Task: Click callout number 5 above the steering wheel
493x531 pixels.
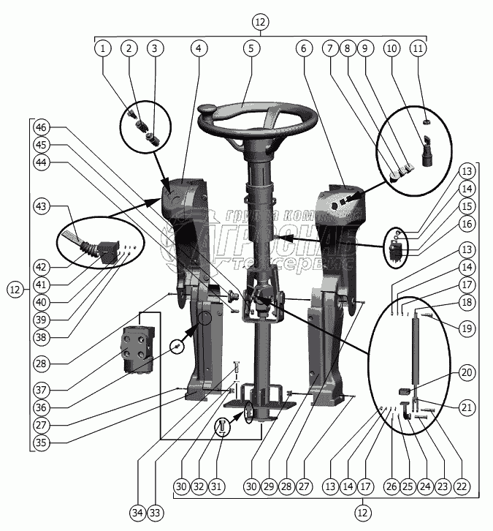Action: coord(251,48)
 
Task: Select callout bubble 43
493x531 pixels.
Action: coord(42,207)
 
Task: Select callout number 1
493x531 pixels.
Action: coord(103,48)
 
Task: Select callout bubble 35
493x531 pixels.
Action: coord(42,441)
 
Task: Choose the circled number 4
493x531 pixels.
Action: coord(196,48)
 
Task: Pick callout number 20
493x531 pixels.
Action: coord(466,372)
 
